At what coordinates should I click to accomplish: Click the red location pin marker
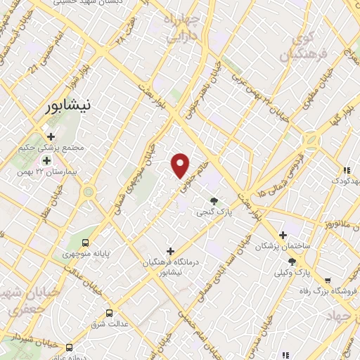(181, 165)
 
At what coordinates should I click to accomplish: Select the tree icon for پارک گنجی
(214, 200)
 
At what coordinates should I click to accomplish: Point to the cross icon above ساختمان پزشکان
(283, 235)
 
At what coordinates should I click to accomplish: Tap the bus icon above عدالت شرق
(108, 313)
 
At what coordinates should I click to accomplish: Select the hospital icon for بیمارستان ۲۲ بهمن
(46, 161)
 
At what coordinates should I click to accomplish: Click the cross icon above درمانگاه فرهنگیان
(169, 250)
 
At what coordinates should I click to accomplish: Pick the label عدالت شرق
(109, 324)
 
